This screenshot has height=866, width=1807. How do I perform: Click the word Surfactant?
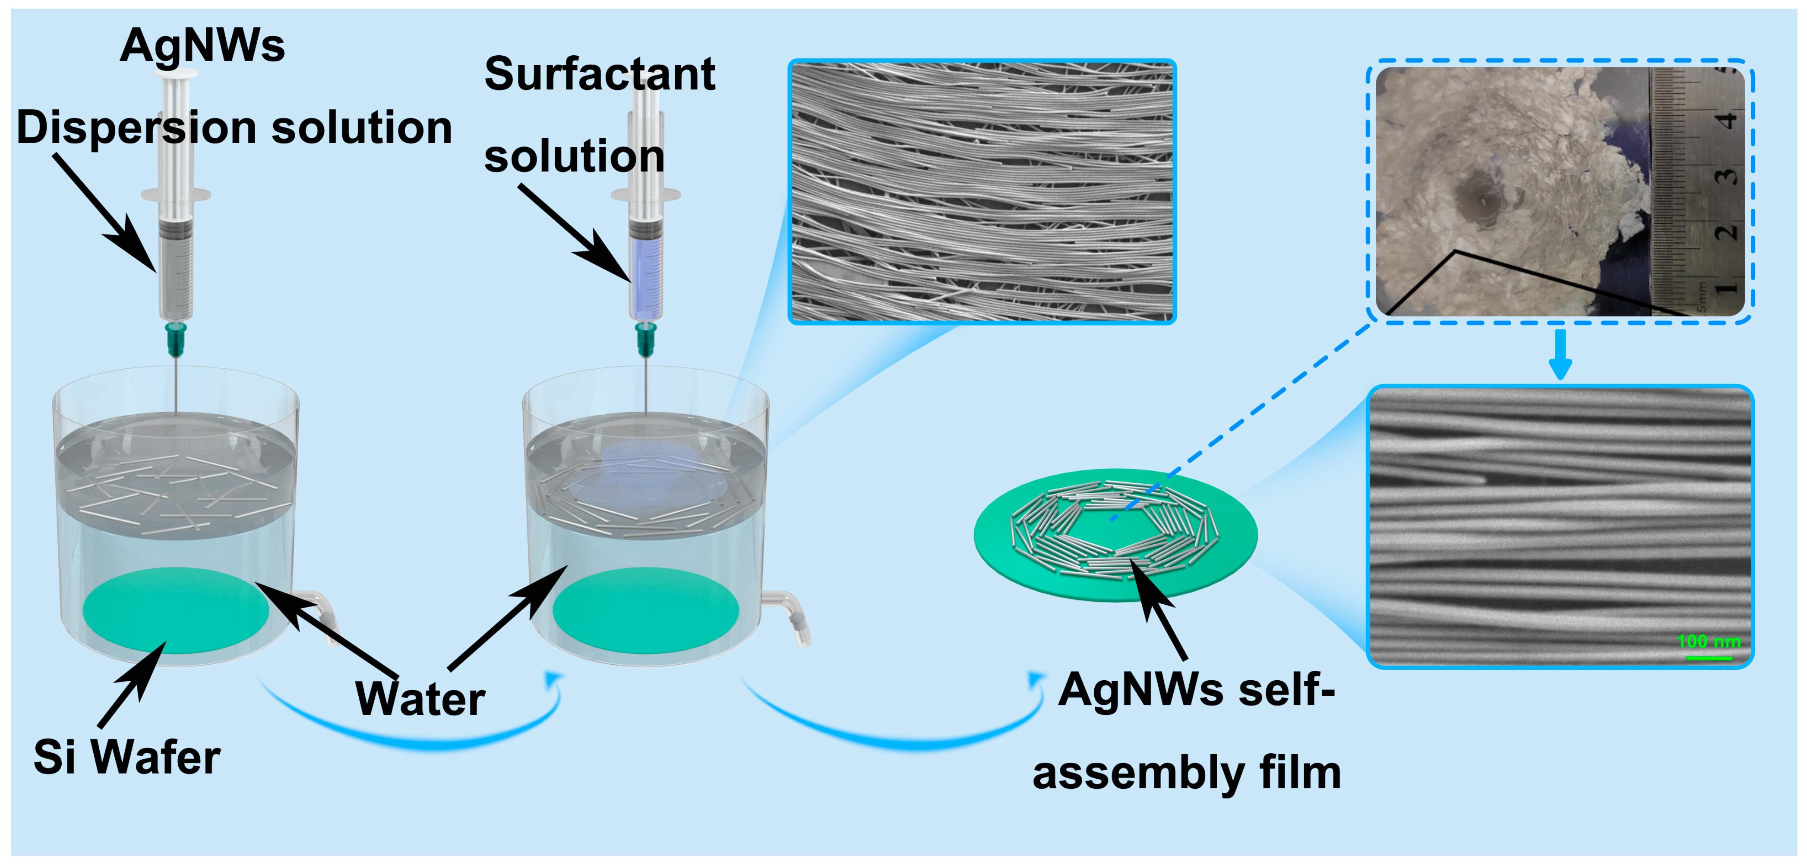pyautogui.click(x=600, y=74)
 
